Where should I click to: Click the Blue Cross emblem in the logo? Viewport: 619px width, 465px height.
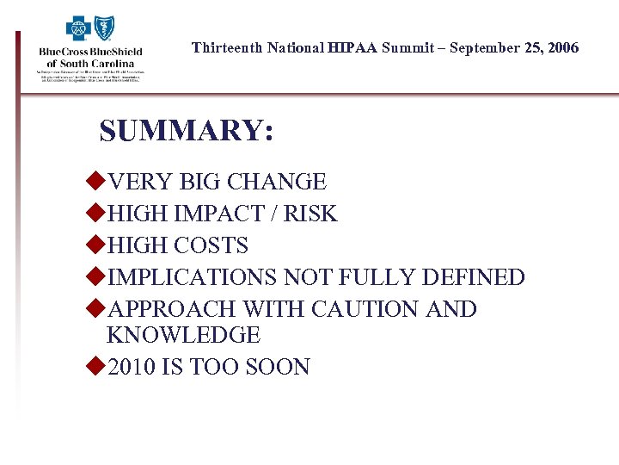79,29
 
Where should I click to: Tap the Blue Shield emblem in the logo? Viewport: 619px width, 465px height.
105,29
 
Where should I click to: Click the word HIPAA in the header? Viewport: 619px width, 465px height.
352,47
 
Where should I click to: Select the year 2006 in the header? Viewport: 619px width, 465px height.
563,47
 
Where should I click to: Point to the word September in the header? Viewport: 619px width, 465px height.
485,47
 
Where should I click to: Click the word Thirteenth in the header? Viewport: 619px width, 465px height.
227,47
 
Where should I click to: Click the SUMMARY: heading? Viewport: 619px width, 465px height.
187,131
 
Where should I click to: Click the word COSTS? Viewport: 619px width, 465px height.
211,245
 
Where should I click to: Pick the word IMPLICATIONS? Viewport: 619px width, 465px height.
193,277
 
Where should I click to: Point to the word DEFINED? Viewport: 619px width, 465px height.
474,277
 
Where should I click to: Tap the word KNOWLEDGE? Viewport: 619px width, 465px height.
183,335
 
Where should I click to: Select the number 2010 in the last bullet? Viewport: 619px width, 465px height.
133,367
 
